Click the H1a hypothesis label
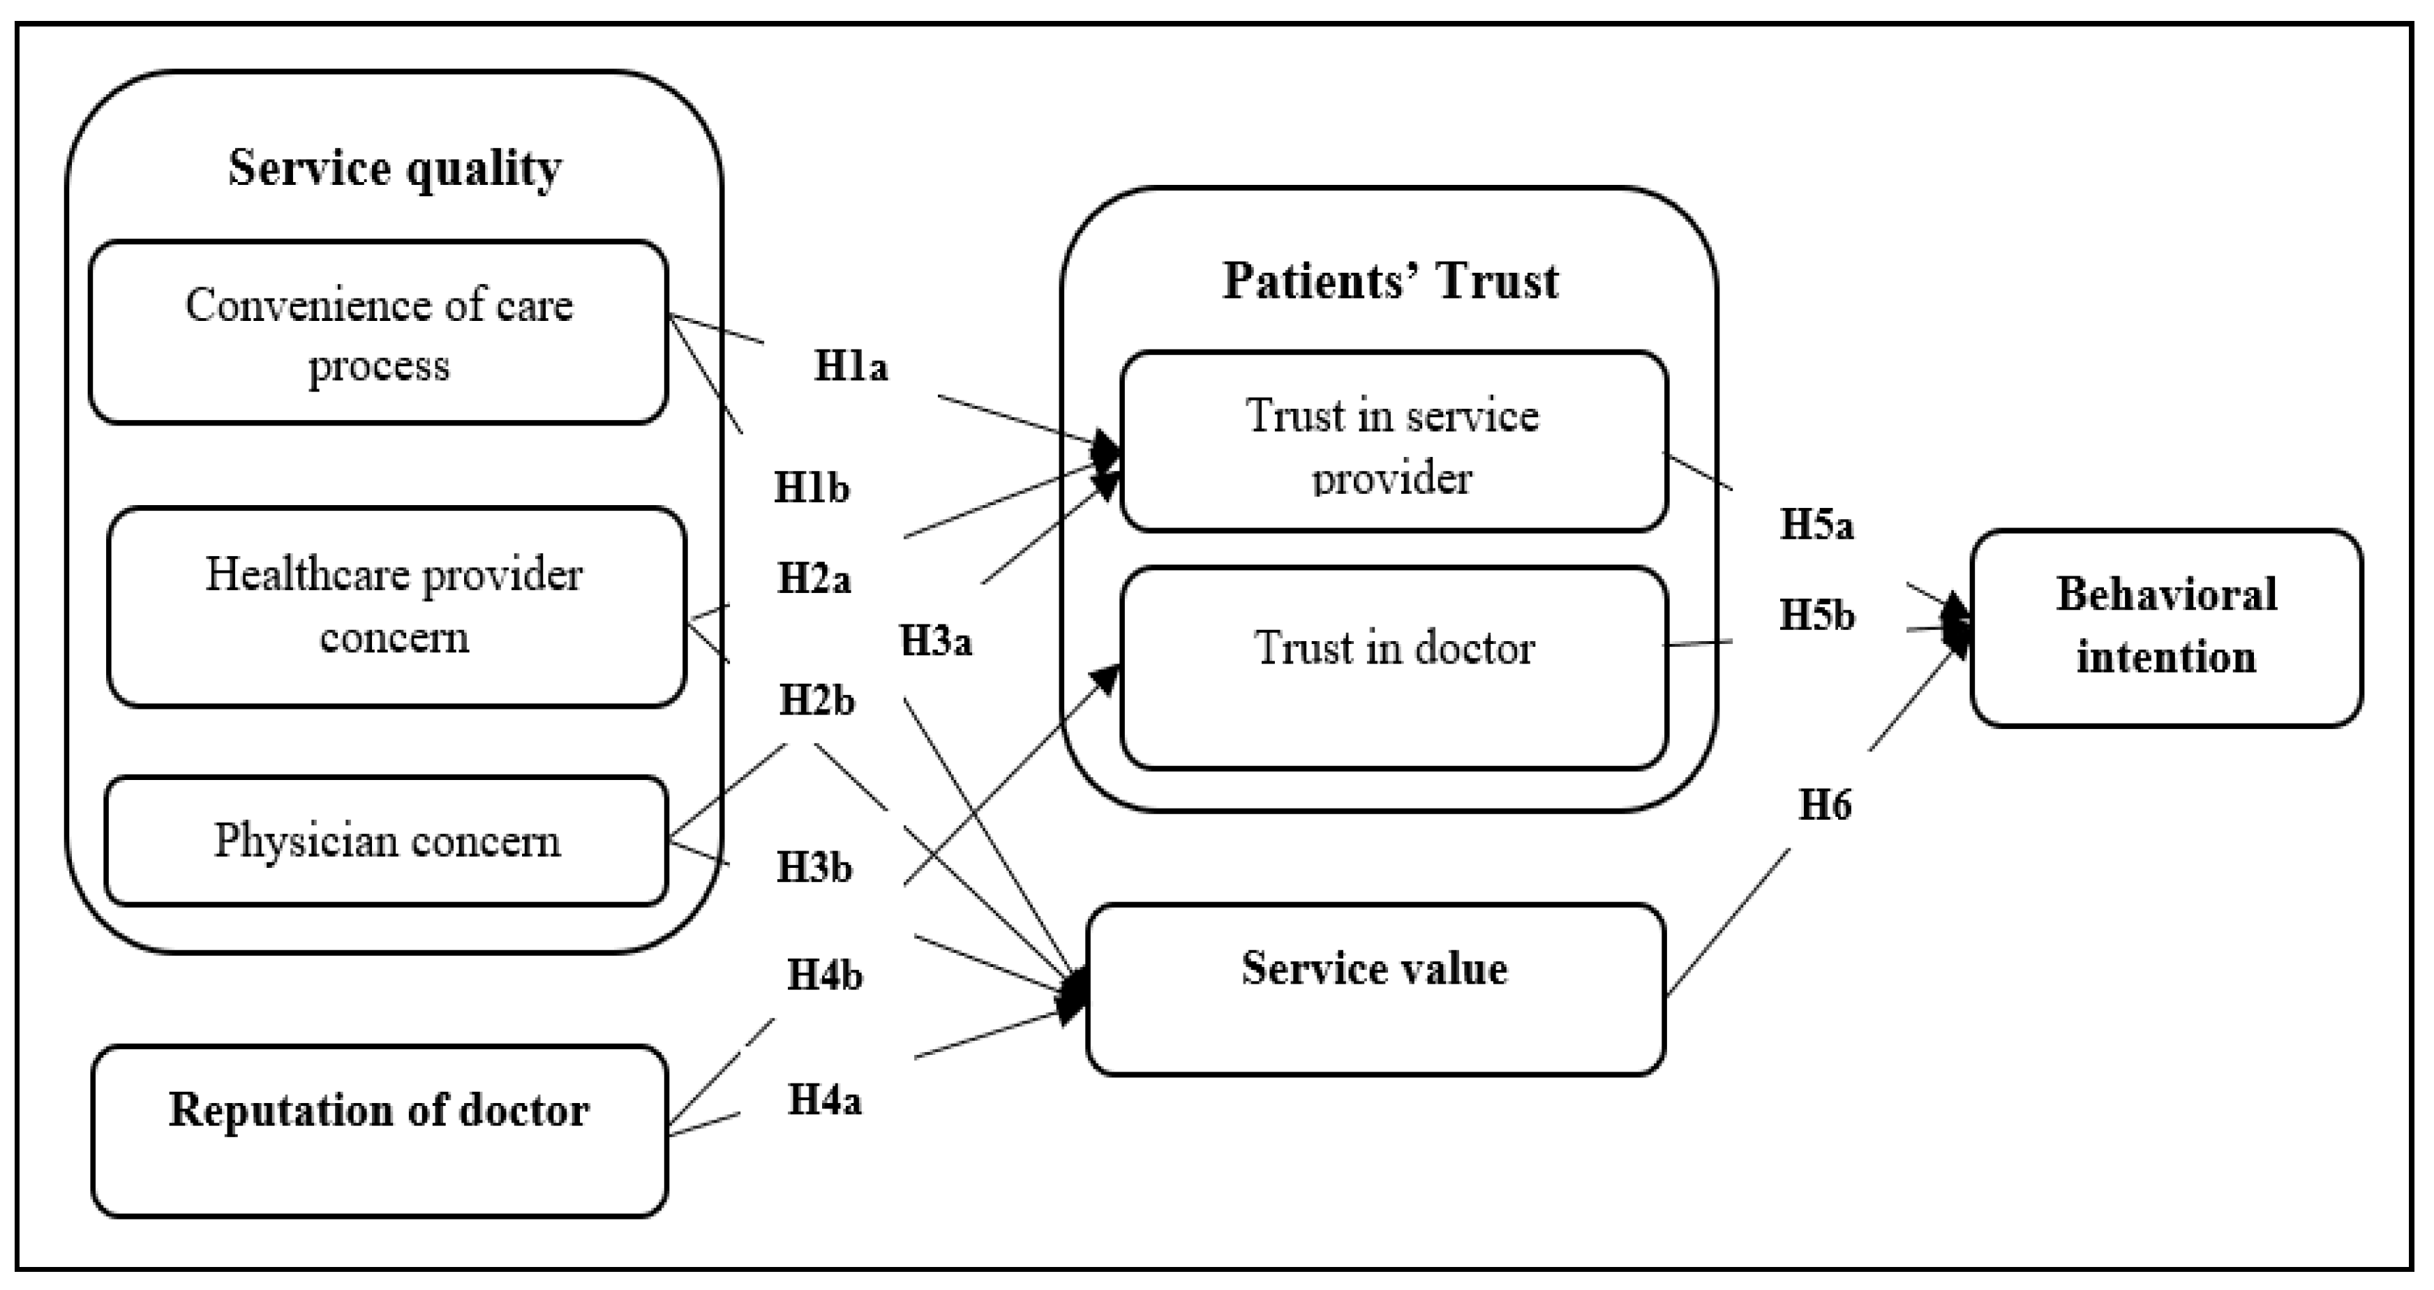pos(851,366)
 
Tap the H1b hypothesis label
pos(811,488)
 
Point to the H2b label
pos(816,700)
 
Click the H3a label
pos(935,641)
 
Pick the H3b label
pos(814,867)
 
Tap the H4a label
pos(824,1100)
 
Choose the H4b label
pos(824,975)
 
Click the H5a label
pos(1816,525)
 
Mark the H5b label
pos(1816,616)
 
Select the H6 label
pos(1823,806)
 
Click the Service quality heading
pos(394,169)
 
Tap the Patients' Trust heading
pos(1390,281)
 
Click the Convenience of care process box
pos(379,332)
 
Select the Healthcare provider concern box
pos(395,606)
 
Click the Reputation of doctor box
pos(379,1130)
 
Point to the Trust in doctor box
pos(1394,667)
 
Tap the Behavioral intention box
pos(2165,627)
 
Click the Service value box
pos(1375,988)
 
